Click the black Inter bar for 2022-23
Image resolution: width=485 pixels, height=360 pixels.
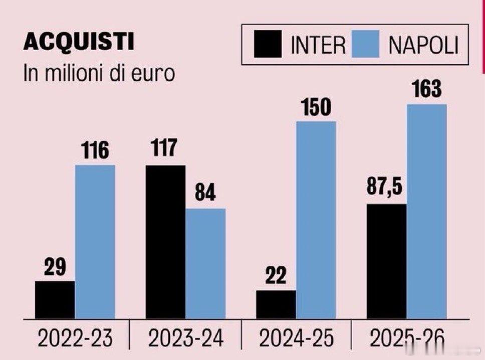tap(55, 299)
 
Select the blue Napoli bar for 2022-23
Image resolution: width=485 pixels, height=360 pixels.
tap(95, 242)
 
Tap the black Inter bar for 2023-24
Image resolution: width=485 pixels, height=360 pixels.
tap(165, 242)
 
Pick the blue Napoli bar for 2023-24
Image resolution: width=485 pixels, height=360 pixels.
tap(205, 263)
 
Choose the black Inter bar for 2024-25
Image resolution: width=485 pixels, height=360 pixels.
tap(276, 304)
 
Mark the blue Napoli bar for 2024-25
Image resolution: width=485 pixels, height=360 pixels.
tap(316, 220)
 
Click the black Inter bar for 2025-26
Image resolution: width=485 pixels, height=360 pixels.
tap(387, 261)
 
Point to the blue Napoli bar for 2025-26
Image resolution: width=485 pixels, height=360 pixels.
tap(427, 211)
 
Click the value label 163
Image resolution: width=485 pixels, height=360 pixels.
tap(427, 90)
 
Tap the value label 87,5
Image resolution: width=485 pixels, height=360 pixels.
tap(386, 190)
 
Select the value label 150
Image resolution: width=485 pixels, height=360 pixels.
tap(316, 107)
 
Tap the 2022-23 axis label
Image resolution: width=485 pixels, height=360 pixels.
tap(75, 340)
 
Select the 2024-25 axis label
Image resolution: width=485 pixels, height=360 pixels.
tap(296, 340)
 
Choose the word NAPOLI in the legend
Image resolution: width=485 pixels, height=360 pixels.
tap(423, 46)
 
